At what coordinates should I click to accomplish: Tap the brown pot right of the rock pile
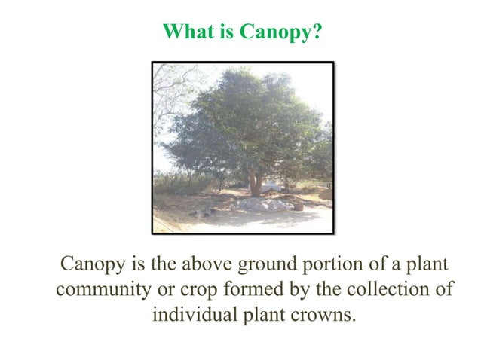(x=299, y=206)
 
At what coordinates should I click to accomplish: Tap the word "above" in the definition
(x=204, y=266)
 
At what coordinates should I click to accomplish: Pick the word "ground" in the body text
(x=264, y=266)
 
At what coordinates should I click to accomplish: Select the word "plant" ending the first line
(x=428, y=266)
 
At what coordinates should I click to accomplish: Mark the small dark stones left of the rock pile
(x=204, y=213)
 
